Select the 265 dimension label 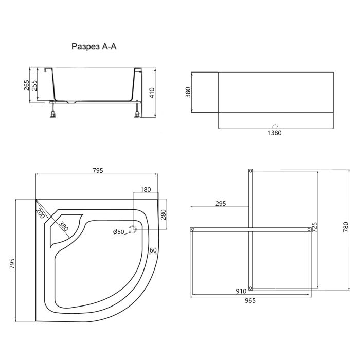pos(26,85)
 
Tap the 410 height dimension pos(152,93)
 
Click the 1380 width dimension pos(275,132)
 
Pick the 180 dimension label pos(145,190)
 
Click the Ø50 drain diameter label pos(119,232)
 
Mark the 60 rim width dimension pos(153,250)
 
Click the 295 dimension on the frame pos(221,204)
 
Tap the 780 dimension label pos(346,227)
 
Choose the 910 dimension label pos(240,291)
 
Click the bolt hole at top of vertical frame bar pos(250,171)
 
